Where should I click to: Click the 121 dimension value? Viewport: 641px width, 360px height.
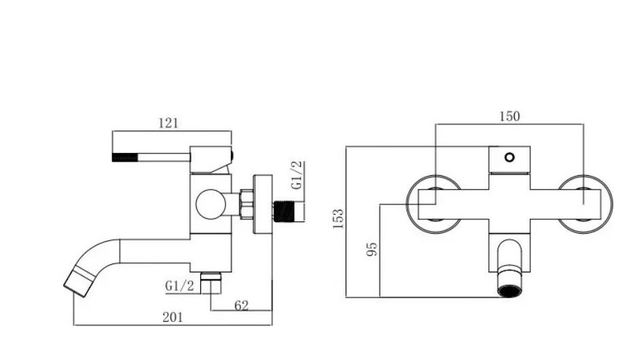pyautogui.click(x=168, y=123)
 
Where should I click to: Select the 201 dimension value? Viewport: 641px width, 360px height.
pyautogui.click(x=172, y=317)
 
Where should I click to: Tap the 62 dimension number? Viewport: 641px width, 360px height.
pyautogui.click(x=241, y=305)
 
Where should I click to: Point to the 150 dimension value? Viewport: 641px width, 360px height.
pyautogui.click(x=510, y=117)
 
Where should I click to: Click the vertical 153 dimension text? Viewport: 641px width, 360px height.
pyautogui.click(x=338, y=219)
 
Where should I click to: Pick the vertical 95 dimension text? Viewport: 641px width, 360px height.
pyautogui.click(x=371, y=249)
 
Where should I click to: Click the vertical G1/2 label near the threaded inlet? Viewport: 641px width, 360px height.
pyautogui.click(x=297, y=175)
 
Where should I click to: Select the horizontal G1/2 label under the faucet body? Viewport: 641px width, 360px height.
pyautogui.click(x=180, y=285)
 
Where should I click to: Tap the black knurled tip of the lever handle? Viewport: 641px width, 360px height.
pyautogui.click(x=125, y=157)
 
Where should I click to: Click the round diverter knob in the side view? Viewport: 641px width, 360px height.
pyautogui.click(x=210, y=204)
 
